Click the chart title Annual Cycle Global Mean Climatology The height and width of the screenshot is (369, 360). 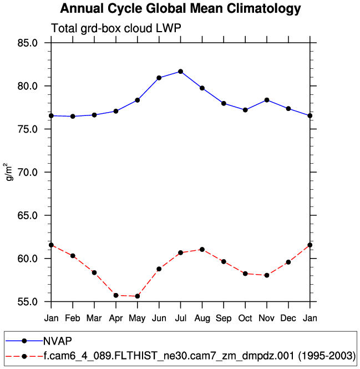(180, 9)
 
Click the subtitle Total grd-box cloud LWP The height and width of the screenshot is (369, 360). (116, 29)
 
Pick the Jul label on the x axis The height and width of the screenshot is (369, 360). (180, 318)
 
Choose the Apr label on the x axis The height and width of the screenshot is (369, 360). (116, 318)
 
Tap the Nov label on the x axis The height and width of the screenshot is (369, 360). (267, 318)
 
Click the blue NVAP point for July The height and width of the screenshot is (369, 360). (180, 72)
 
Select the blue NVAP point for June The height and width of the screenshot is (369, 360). (159, 78)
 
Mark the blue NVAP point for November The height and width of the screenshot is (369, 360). (267, 100)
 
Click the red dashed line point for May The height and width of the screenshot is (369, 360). (138, 296)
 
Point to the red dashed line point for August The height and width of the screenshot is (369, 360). (202, 249)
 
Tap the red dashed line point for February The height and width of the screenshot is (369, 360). (73, 256)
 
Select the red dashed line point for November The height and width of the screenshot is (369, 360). (267, 275)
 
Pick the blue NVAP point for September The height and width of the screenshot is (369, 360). (224, 103)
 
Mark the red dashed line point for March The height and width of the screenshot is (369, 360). (94, 272)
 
